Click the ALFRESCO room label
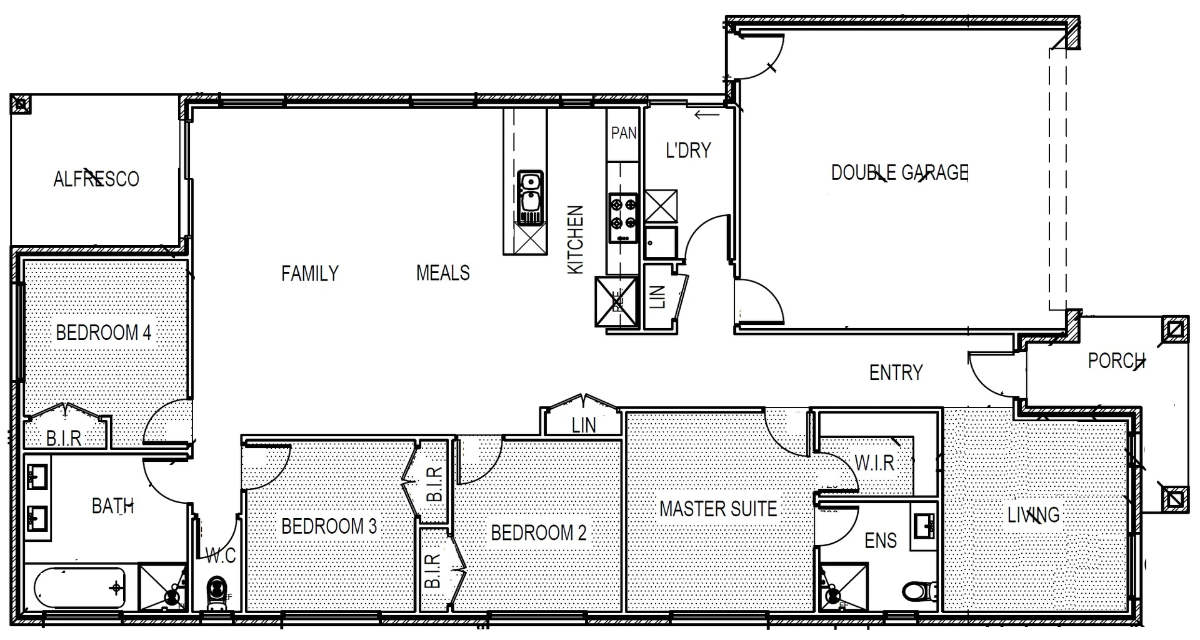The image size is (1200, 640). coord(96,179)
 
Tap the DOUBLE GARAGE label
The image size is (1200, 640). coord(899,172)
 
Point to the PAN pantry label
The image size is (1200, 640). coord(623,132)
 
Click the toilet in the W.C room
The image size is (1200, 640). coord(216,591)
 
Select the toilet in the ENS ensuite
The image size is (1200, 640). coord(920,590)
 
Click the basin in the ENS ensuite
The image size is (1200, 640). coord(923,526)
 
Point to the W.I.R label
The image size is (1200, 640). coord(874,463)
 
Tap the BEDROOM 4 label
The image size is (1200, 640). coord(103,332)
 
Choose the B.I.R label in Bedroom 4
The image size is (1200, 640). coord(64,438)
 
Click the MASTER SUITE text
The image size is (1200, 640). coord(718,509)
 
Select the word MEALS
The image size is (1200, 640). coord(442,273)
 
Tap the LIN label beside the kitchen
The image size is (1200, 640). coord(657,297)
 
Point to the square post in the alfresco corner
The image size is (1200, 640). coord(21,104)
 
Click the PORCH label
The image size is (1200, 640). coord(1116,361)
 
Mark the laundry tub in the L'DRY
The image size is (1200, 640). coord(660,242)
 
